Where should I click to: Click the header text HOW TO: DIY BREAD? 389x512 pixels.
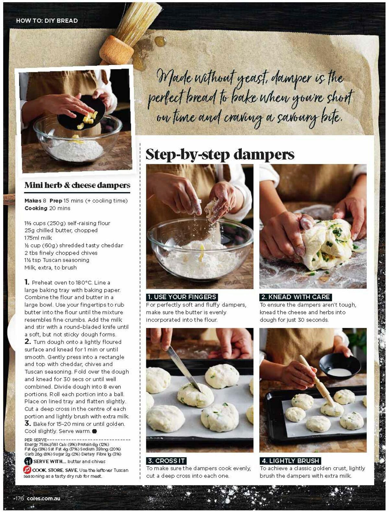click(x=47, y=21)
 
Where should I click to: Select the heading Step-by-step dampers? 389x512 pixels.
click(x=220, y=154)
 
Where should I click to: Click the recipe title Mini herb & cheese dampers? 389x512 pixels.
click(x=77, y=185)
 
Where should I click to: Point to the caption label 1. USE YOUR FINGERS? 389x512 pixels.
click(x=182, y=297)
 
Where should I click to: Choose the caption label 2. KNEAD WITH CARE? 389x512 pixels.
click(x=295, y=297)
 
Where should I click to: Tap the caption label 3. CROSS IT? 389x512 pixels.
click(x=166, y=461)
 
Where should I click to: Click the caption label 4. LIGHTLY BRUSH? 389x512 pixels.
click(x=290, y=461)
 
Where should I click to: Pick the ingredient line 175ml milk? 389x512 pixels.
click(x=38, y=238)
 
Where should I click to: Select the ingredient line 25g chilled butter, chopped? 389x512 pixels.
click(x=61, y=230)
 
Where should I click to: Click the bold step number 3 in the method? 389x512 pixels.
click(x=28, y=423)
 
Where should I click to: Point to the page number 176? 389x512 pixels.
click(x=19, y=498)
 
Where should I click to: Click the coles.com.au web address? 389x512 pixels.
click(x=43, y=498)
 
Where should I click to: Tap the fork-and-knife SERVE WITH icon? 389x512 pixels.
click(x=28, y=461)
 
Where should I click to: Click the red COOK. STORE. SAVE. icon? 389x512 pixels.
click(x=27, y=470)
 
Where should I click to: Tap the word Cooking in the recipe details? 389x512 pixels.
click(x=36, y=208)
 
